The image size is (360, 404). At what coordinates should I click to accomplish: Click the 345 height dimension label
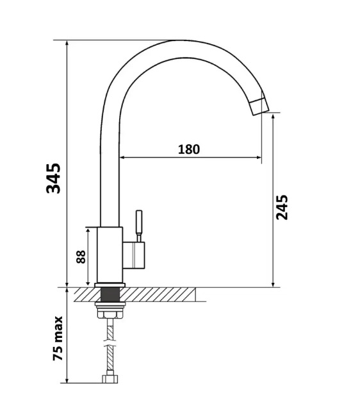(x=53, y=178)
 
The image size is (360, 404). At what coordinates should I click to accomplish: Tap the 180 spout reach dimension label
(x=189, y=149)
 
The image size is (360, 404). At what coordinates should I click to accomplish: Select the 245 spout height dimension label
(x=282, y=207)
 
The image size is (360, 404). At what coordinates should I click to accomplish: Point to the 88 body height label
(x=81, y=257)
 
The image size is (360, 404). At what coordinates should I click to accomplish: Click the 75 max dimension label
(x=58, y=339)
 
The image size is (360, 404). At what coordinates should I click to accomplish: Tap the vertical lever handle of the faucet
(x=139, y=226)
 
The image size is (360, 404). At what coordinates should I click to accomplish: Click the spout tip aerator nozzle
(x=259, y=106)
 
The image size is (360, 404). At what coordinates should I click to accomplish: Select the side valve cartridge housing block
(x=133, y=255)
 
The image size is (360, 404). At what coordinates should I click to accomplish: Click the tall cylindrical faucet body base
(x=110, y=255)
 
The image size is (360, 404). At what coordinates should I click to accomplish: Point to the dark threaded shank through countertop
(x=110, y=295)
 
